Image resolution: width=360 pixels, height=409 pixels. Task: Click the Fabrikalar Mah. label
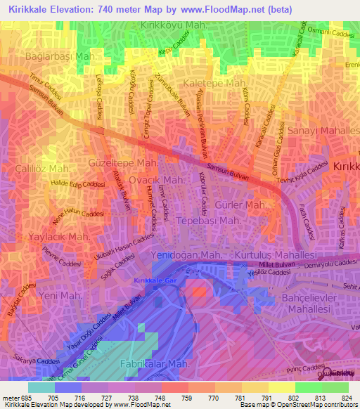[x=155, y=364]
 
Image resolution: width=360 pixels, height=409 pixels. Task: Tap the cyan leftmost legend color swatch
[x=41, y=387]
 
